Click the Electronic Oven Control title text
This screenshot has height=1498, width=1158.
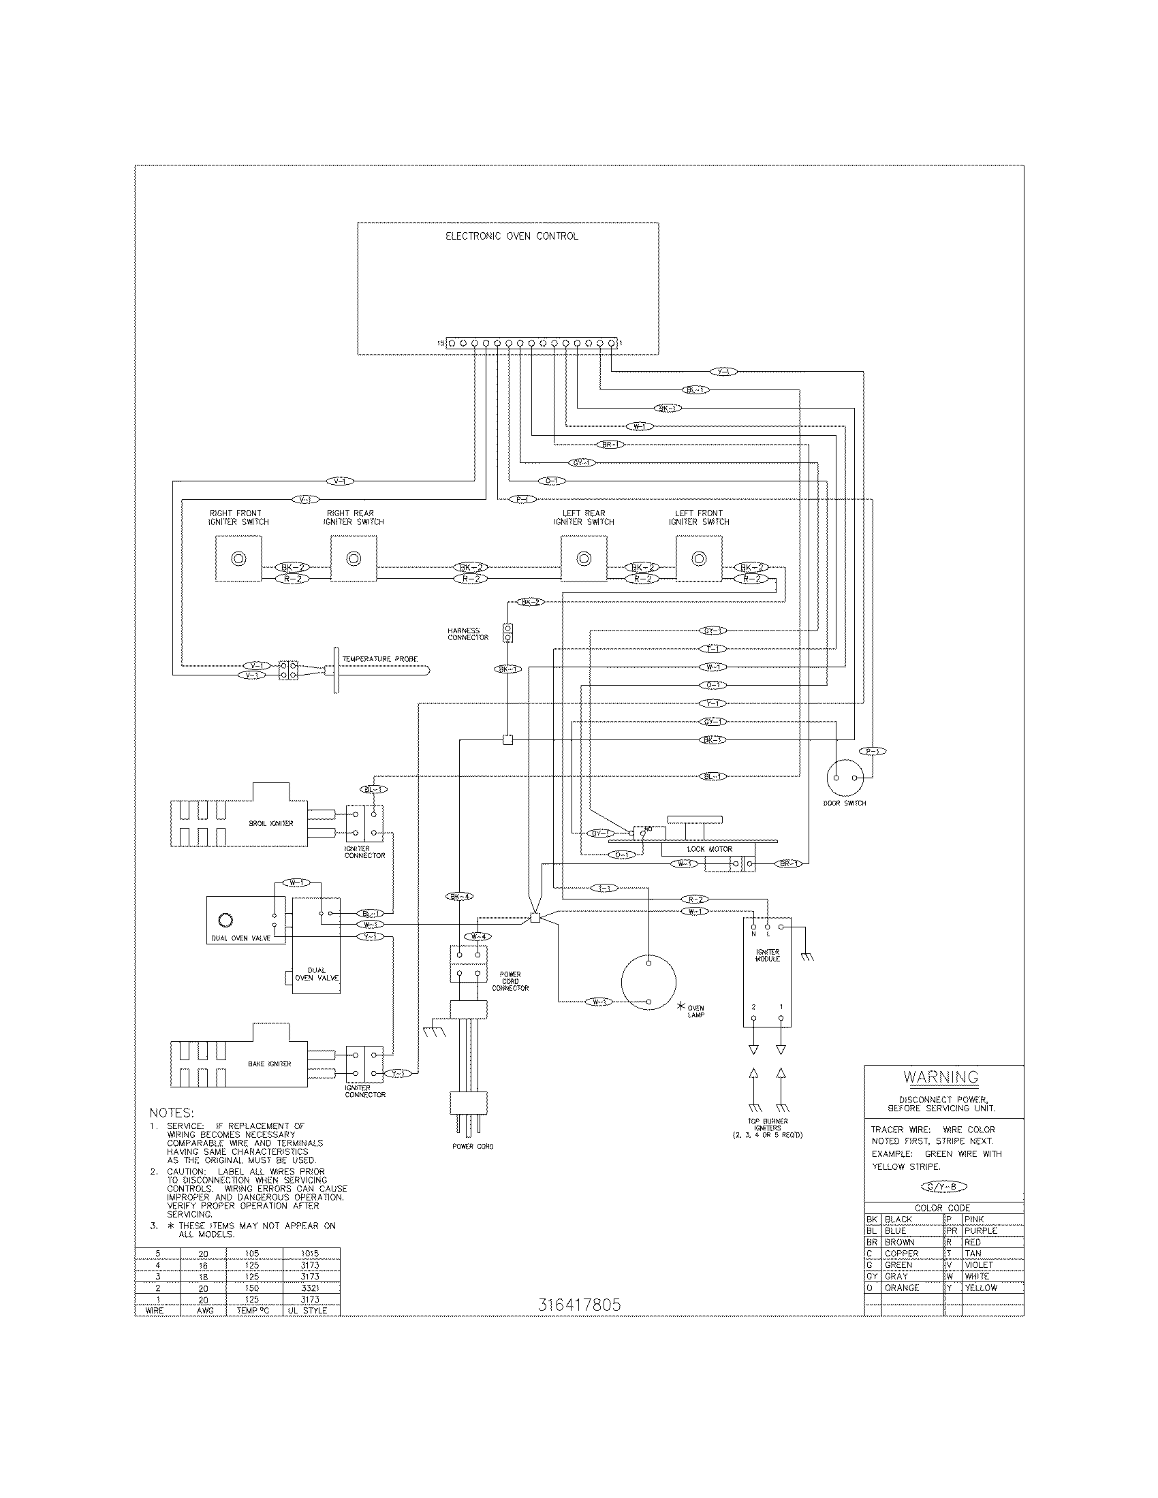pyautogui.click(x=512, y=236)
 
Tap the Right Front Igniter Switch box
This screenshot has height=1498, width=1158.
pyautogui.click(x=238, y=559)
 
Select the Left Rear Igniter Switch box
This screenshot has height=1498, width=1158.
pyautogui.click(x=584, y=559)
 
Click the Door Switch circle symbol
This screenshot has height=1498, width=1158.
pyautogui.click(x=845, y=777)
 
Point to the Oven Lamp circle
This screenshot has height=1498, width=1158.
pyautogui.click(x=648, y=983)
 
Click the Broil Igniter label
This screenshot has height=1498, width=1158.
pyautogui.click(x=271, y=823)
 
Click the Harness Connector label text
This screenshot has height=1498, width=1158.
pyautogui.click(x=468, y=634)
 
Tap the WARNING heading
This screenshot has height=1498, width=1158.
pyautogui.click(x=941, y=1077)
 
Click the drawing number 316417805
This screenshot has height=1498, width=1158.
pyautogui.click(x=579, y=1305)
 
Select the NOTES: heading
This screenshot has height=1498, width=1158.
pyautogui.click(x=172, y=1113)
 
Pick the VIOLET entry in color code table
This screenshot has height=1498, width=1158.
pyautogui.click(x=978, y=1265)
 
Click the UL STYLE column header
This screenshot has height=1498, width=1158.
pyautogui.click(x=310, y=1310)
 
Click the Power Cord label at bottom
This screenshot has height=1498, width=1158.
pyautogui.click(x=473, y=1146)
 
